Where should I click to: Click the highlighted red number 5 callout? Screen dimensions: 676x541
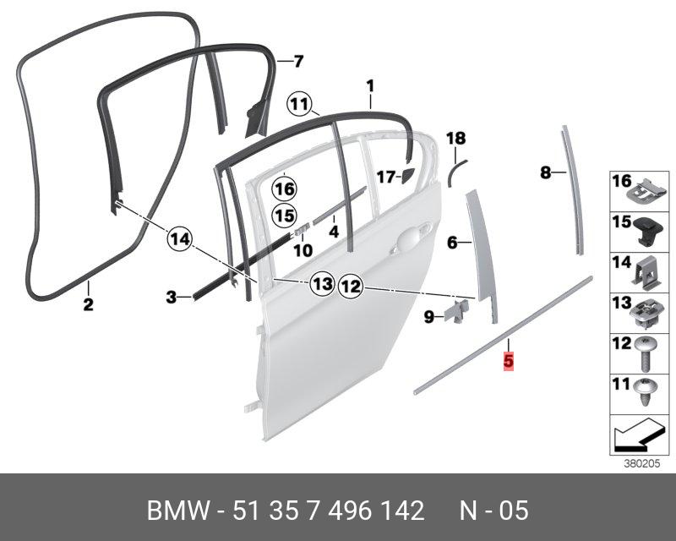[508, 360]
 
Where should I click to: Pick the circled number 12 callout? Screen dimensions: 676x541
[351, 287]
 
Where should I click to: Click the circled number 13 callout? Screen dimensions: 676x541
[321, 285]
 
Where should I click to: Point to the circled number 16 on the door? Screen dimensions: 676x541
[285, 188]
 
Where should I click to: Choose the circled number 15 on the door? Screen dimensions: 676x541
[285, 216]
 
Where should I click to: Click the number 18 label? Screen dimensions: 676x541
[455, 138]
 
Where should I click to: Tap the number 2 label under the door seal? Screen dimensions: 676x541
[88, 304]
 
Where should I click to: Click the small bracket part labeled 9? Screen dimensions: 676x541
[457, 310]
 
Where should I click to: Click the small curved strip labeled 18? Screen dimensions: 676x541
[455, 169]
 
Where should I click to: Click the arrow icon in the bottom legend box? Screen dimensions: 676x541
[635, 438]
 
